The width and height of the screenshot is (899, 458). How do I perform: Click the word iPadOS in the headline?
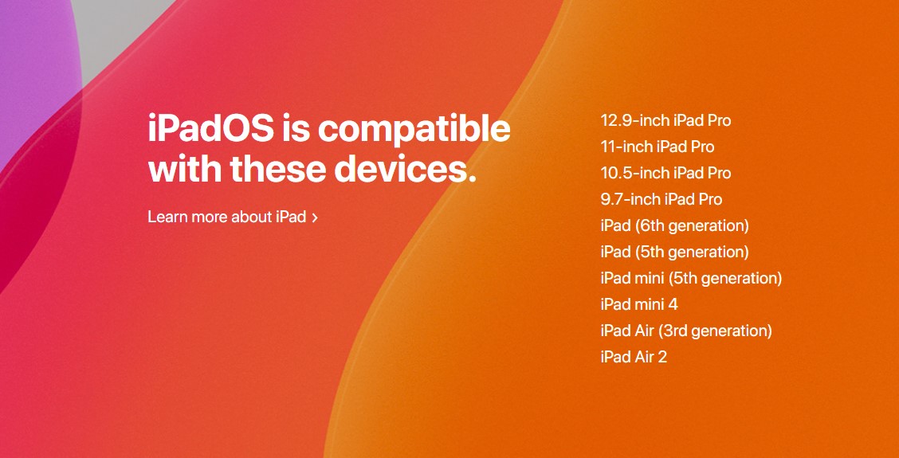tap(210, 128)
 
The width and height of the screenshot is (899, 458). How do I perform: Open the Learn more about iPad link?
tap(232, 217)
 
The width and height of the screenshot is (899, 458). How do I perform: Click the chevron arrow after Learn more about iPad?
tap(314, 217)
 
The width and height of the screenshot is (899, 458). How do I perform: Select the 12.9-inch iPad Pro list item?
tap(665, 120)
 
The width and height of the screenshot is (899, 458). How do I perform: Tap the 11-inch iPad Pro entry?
tap(657, 147)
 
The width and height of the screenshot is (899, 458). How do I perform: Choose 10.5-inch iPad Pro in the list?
tap(665, 173)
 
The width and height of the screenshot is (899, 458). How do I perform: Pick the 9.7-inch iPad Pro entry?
tap(661, 199)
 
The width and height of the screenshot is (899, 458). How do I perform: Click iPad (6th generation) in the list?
tap(675, 226)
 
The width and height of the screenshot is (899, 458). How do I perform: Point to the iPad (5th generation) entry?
tap(674, 252)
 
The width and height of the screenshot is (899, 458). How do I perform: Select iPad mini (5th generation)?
tap(691, 279)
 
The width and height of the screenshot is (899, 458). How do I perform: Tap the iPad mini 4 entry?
tap(639, 304)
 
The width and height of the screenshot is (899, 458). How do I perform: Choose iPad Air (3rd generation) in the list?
tap(686, 331)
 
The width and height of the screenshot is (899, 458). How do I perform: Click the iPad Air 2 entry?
tap(634, 357)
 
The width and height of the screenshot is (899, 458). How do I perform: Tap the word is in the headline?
tap(296, 128)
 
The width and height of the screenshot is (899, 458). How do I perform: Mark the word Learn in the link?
tap(167, 217)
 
